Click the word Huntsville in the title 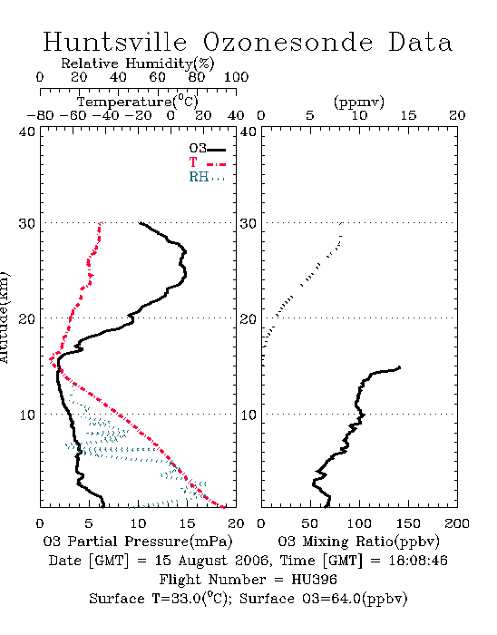pos(115,42)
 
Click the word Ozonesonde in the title pos(287,42)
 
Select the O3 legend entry pos(207,149)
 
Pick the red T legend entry pos(207,162)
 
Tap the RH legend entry pos(207,177)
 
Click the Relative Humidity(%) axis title pos(138,63)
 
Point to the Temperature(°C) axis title pos(138,102)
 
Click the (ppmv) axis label pos(359,102)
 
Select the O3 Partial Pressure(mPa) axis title pos(138,542)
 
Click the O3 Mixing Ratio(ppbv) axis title pos(358,542)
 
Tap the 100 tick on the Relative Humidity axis pos(236,77)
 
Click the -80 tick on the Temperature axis pos(40,115)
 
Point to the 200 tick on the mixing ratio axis pos(457,523)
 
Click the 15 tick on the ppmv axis pos(408,115)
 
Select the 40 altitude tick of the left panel pos(27,132)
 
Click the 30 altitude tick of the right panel pos(248,223)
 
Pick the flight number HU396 pos(314,580)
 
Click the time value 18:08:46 pos(418,561)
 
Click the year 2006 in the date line pos(252,561)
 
